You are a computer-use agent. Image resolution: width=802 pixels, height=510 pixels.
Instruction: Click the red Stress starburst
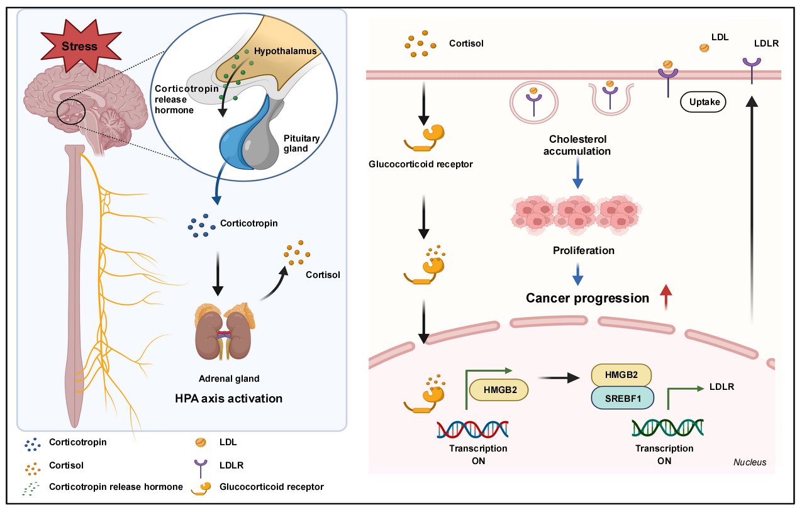(79, 47)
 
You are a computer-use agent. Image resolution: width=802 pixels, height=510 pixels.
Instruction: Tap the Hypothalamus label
(284, 50)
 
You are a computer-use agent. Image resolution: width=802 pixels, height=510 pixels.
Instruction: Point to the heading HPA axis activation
(228, 398)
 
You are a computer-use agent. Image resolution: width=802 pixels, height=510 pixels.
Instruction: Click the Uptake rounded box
(703, 101)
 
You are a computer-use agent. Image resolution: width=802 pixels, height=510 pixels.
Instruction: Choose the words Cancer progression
(588, 298)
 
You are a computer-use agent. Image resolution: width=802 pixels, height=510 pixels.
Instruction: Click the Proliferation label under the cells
(583, 250)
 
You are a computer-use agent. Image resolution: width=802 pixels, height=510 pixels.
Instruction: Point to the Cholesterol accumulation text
(577, 145)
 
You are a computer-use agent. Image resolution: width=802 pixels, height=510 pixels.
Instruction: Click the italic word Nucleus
(750, 462)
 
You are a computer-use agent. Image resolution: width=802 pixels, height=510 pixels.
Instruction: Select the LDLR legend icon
(201, 466)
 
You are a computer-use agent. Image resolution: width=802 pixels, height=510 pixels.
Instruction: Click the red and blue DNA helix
(472, 430)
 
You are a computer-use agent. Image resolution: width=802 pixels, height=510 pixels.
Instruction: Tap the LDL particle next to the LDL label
(705, 48)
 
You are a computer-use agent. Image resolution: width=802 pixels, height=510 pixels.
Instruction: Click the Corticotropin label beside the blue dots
(249, 223)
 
